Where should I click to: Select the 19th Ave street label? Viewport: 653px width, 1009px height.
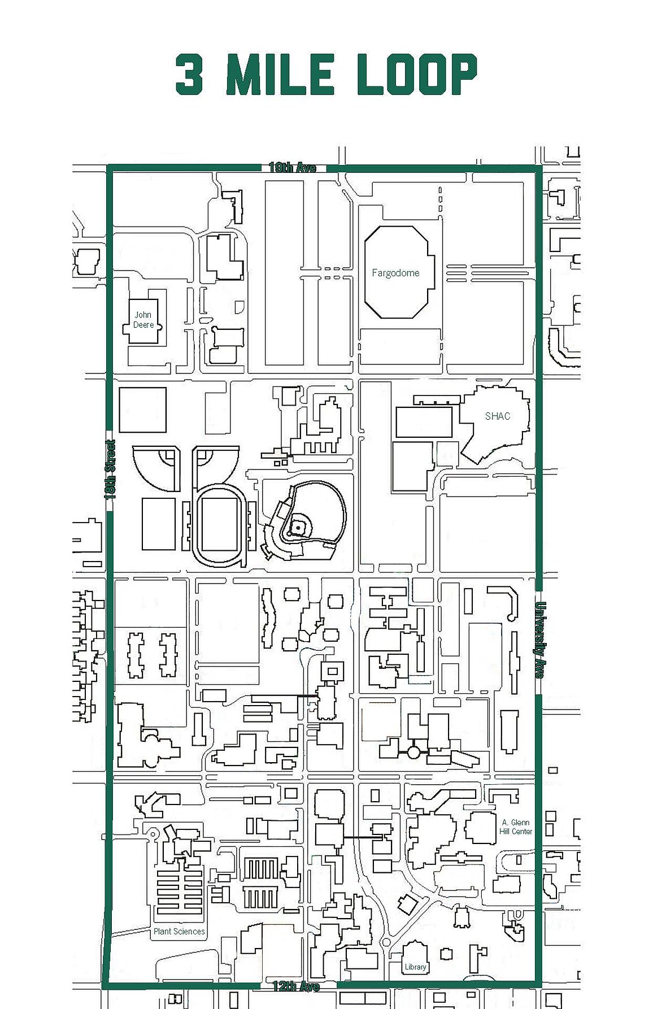[x=292, y=167]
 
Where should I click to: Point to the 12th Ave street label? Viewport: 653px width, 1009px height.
[x=296, y=986]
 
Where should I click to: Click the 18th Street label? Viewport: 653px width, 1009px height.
[x=110, y=469]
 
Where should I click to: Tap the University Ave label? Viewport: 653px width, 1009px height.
[x=539, y=640]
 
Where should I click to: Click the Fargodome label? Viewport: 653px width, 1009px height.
[x=395, y=273]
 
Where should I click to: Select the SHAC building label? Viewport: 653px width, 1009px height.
[x=498, y=416]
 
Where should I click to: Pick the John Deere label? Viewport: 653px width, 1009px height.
[x=143, y=320]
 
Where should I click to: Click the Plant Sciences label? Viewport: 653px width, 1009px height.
[x=179, y=931]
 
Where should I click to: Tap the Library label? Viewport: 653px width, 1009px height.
[x=415, y=967]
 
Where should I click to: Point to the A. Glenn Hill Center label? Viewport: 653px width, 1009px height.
[x=516, y=827]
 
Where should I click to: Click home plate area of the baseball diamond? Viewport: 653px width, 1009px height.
[x=297, y=528]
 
